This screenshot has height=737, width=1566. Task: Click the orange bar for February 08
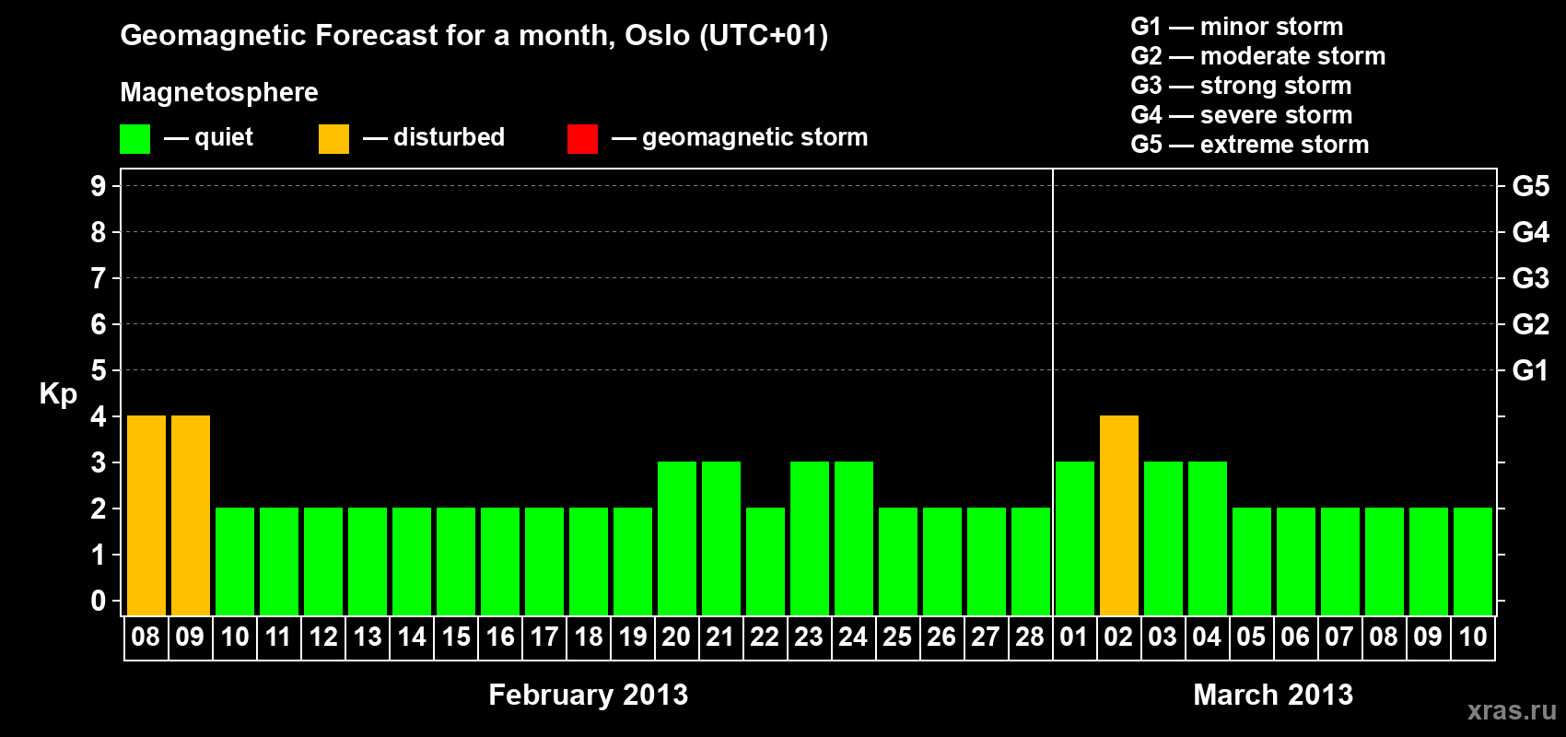point(146,515)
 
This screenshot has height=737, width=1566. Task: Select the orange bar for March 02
point(1119,515)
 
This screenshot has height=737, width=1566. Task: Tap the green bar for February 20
point(677,538)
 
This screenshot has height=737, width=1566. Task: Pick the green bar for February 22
point(765,561)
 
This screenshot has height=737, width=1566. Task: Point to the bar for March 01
point(1075,538)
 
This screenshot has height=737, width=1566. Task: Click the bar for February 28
point(1031,561)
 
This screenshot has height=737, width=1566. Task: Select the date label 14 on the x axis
point(412,637)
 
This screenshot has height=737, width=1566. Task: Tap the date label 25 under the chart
point(897,637)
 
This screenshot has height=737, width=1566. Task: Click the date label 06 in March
point(1295,637)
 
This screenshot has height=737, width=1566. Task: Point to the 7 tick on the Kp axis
point(99,278)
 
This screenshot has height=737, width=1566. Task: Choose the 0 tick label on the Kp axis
point(99,601)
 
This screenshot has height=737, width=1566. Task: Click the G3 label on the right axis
point(1531,278)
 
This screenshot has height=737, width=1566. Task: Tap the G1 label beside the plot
point(1531,370)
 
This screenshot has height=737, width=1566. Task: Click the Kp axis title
point(58,394)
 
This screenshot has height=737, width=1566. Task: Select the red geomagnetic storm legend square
point(583,138)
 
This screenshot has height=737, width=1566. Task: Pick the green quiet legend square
point(134,138)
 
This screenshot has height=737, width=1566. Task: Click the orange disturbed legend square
point(334,138)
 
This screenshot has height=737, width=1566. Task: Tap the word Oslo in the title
point(657,35)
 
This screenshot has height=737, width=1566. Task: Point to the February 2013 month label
point(589,695)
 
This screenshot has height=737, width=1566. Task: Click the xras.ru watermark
point(1513,710)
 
